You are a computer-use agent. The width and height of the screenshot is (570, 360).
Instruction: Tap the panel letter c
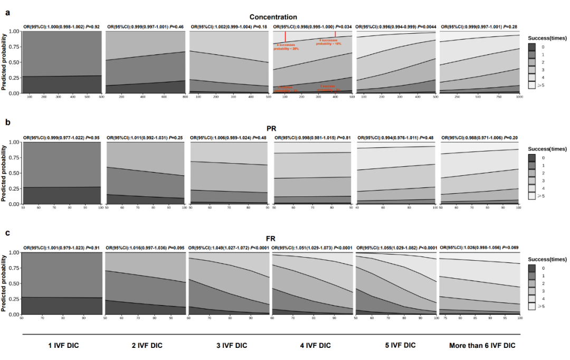coord(8,232)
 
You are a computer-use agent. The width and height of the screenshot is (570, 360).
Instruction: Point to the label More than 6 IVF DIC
coord(482,345)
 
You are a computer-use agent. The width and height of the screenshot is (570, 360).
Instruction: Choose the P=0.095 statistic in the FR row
coord(177,248)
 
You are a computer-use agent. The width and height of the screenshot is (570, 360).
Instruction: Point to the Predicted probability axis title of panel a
coord(4,62)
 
